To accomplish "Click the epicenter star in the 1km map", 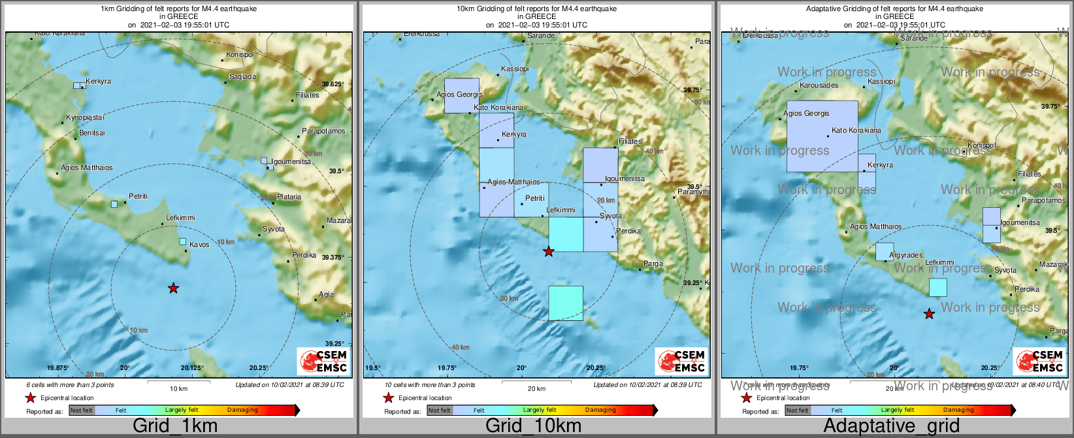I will tap(173, 288).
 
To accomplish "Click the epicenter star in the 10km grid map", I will tap(549, 251).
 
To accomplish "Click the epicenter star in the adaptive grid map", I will tap(929, 314).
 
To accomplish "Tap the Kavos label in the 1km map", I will tap(199, 244).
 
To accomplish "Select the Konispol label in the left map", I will tap(240, 55).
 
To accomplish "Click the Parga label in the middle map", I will tap(653, 264).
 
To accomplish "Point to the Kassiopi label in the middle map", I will tap(515, 69).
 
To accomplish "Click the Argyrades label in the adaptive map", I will tap(906, 255).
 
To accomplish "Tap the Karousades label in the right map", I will tap(819, 85).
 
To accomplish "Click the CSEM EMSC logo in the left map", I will tap(323, 362).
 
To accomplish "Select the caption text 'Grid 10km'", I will tap(533, 426).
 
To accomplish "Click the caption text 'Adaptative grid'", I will tap(891, 426).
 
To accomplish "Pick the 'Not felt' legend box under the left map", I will tap(82, 411).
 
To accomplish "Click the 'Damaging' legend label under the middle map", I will tap(600, 411).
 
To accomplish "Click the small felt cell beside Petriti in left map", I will tap(114, 204).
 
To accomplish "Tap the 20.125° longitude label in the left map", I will tap(191, 367).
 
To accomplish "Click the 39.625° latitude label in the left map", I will tap(333, 84).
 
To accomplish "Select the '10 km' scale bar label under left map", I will tap(178, 388).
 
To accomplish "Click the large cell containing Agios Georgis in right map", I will tap(822, 136).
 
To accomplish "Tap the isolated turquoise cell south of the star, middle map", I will tap(566, 303).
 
